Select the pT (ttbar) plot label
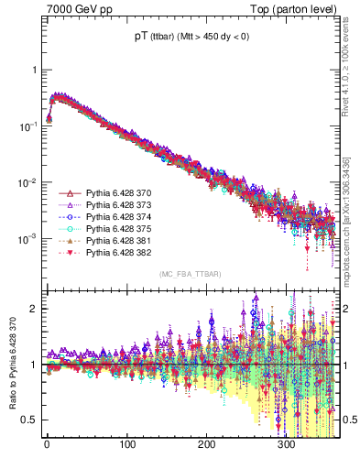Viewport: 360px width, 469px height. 187,38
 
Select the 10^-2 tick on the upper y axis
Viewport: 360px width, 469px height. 28,182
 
